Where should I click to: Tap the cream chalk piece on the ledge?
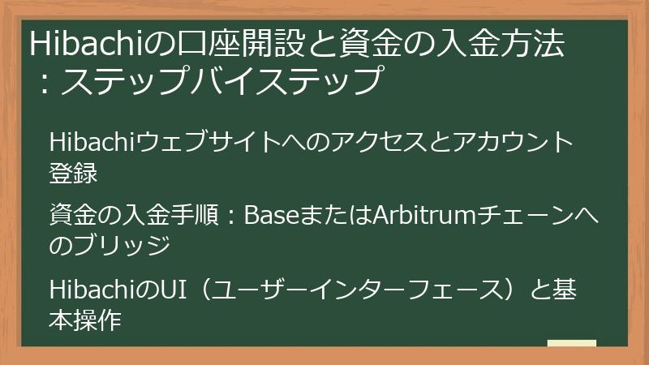[571, 344]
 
